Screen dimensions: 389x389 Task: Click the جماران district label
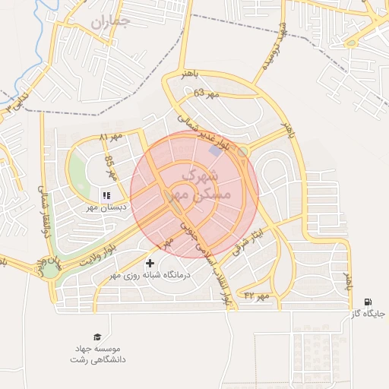coord(110,21)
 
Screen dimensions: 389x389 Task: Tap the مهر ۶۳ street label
coord(205,93)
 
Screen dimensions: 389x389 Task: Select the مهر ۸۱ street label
coord(110,137)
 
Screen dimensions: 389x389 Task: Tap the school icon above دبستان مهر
coord(106,195)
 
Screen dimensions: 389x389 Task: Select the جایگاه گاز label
coord(368,313)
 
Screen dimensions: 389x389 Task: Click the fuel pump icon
coord(368,302)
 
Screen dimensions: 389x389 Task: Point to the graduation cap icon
coord(96,337)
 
